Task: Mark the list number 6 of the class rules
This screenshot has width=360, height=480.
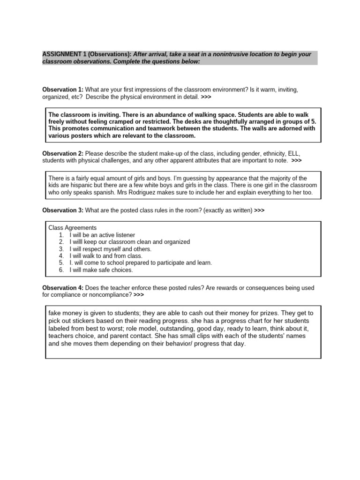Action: (61, 270)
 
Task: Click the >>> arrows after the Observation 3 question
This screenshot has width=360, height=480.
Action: (259, 210)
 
